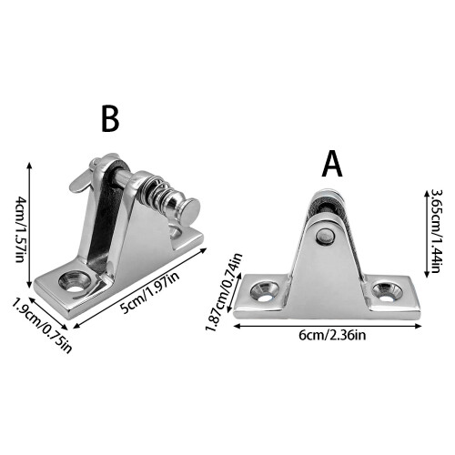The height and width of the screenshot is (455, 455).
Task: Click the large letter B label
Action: [110, 119]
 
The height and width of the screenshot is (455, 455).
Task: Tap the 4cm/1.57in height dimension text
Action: [19, 229]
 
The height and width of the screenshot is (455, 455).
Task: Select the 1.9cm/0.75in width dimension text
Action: [42, 326]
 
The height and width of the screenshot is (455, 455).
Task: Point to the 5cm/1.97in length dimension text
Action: [149, 290]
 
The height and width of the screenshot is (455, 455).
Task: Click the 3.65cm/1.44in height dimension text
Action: [435, 231]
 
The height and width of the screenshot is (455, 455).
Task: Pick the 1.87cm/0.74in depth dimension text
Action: [224, 292]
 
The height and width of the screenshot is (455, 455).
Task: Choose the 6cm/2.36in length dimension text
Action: [332, 335]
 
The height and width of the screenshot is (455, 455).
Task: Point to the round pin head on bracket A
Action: [324, 234]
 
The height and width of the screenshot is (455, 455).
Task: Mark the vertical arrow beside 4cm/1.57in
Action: [29, 225]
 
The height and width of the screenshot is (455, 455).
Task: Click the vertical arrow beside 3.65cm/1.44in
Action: [426, 232]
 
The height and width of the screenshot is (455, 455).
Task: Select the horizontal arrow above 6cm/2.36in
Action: [328, 326]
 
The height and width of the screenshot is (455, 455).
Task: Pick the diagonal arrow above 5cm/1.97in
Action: [140, 288]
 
